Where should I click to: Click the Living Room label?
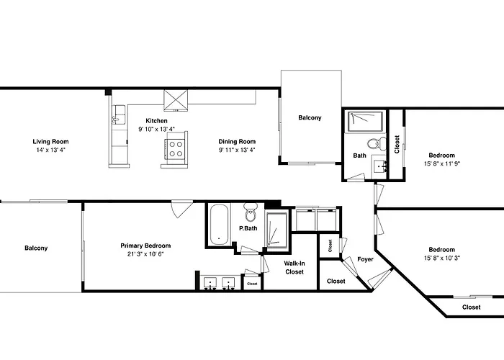(x=50, y=141)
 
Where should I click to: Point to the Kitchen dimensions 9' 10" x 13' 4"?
(x=157, y=130)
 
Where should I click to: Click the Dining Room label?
(x=238, y=141)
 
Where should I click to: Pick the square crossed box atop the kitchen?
(x=176, y=99)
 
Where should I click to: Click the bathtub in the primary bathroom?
(x=219, y=225)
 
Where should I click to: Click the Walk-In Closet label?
(x=294, y=267)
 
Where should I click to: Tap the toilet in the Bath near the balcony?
(x=373, y=143)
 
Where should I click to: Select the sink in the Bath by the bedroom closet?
(x=379, y=167)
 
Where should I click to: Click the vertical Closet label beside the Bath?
(x=397, y=144)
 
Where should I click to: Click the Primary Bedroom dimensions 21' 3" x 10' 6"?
(x=145, y=254)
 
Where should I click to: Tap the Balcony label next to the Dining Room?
(x=310, y=118)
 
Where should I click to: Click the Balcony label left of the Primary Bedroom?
(x=36, y=248)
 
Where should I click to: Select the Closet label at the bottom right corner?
(x=472, y=307)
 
